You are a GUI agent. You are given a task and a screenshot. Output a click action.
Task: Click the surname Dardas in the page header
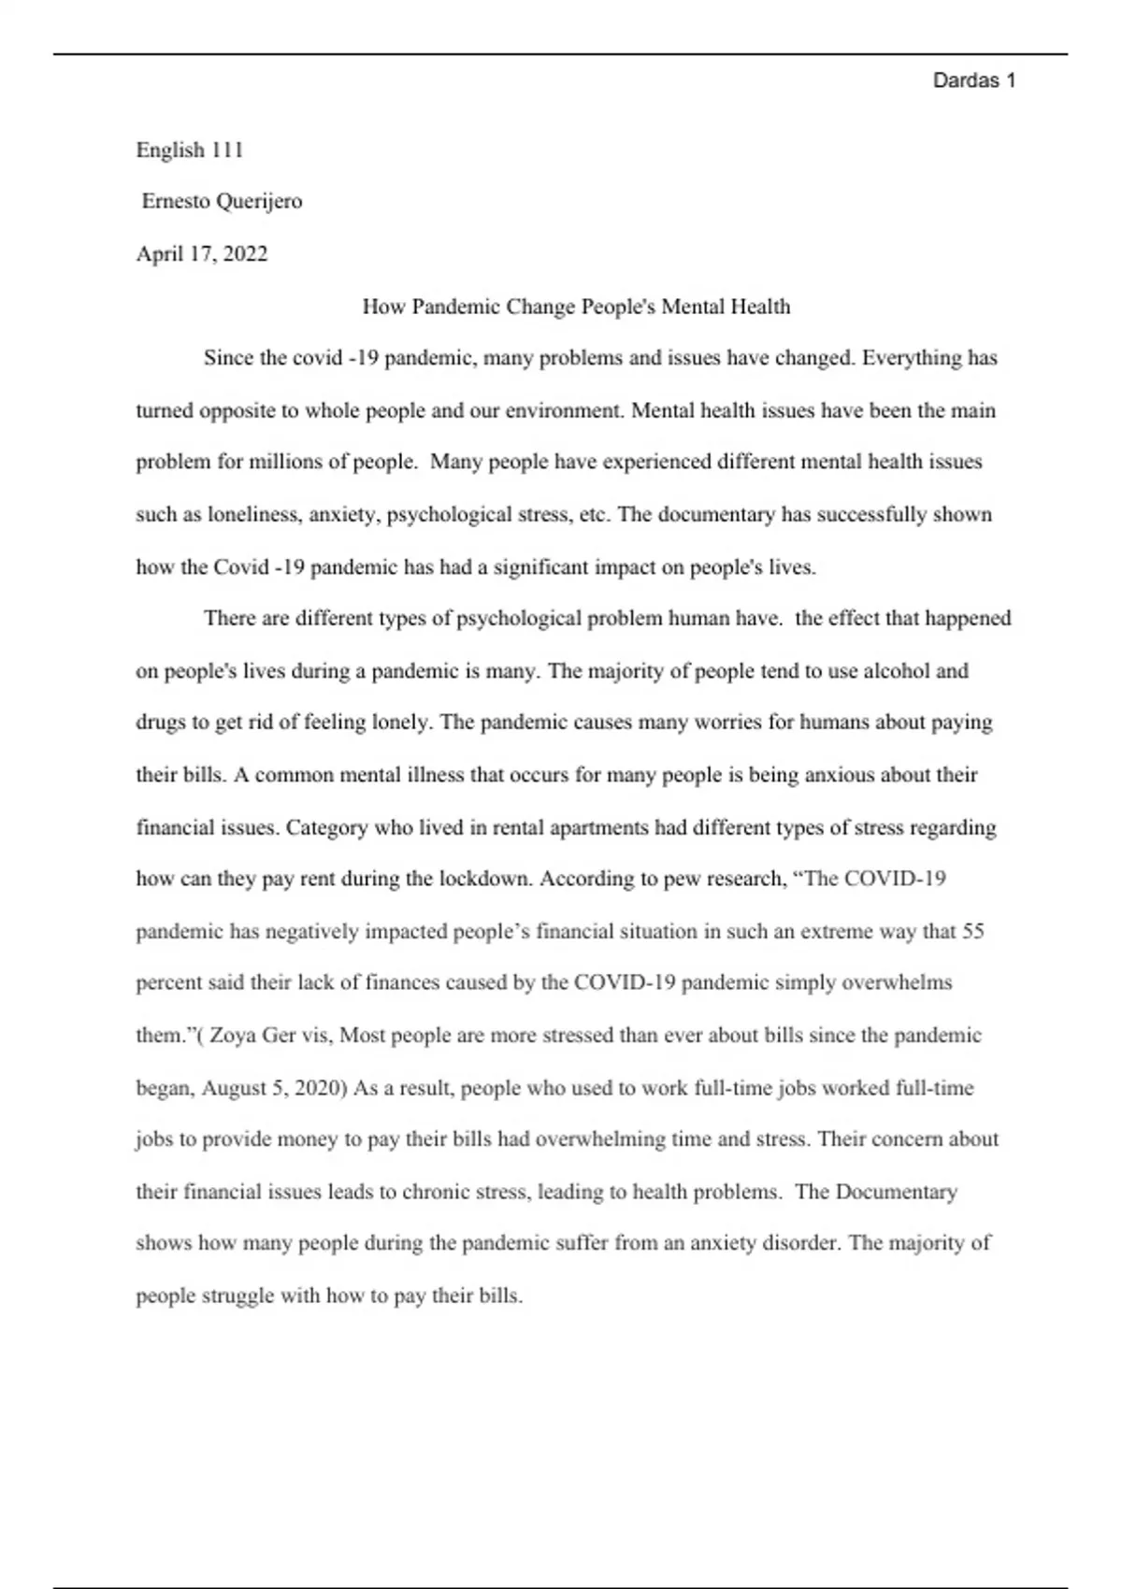click(x=966, y=80)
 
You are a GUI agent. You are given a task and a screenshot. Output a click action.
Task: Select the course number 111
click(x=227, y=150)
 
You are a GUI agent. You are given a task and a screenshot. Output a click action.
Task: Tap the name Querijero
click(x=259, y=201)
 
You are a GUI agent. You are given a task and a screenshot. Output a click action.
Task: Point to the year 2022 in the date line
click(x=245, y=254)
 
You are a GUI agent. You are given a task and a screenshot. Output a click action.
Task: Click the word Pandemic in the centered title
click(x=456, y=307)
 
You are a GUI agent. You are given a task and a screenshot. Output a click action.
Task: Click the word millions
click(x=281, y=462)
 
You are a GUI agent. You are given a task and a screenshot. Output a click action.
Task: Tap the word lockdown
click(x=485, y=879)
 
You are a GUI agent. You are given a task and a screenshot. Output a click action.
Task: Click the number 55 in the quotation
click(x=972, y=931)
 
